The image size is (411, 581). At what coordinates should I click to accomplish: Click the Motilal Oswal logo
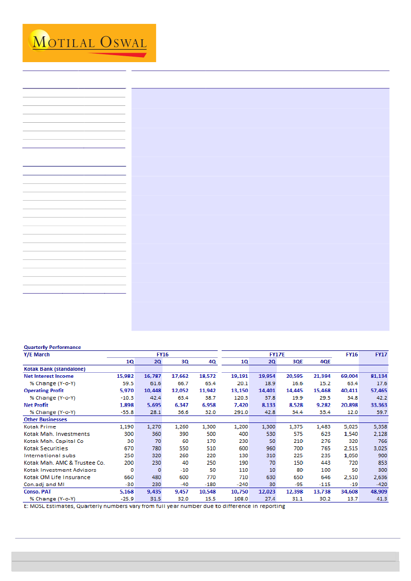tap(89, 43)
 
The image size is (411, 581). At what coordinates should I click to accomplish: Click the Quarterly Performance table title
tap(52, 347)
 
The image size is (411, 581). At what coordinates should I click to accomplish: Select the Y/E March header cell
tap(37, 354)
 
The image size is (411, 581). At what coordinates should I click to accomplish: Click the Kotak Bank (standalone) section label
tap(55, 369)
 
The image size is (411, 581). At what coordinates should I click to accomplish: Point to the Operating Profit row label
tap(43, 391)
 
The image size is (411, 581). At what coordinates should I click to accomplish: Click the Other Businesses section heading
tap(45, 419)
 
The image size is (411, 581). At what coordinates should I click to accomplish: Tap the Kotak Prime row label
tap(40, 426)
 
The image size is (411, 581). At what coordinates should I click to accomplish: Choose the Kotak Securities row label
tap(46, 448)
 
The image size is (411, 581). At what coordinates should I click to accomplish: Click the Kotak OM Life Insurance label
tap(57, 477)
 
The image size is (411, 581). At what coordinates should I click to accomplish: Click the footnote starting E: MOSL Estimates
tap(155, 506)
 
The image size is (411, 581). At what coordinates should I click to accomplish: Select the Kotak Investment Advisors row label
tap(60, 470)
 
